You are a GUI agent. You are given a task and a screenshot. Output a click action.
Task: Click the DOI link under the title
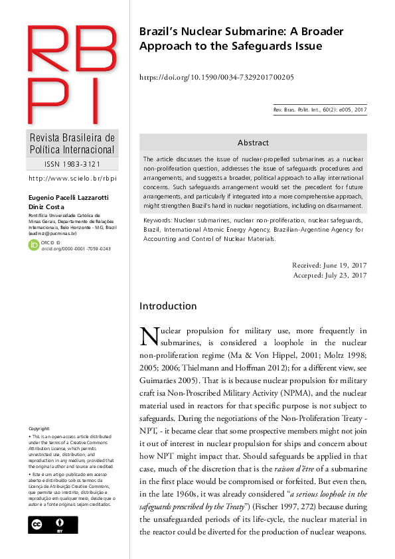pyautogui.click(x=216, y=78)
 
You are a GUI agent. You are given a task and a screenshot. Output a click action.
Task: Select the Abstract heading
pyautogui.click(x=253, y=143)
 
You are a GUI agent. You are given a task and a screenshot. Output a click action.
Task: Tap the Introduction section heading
pyautogui.click(x=168, y=306)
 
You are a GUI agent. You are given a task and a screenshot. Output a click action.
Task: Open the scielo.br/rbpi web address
pyautogui.click(x=72, y=179)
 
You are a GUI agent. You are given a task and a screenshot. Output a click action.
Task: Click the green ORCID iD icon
pyautogui.click(x=34, y=245)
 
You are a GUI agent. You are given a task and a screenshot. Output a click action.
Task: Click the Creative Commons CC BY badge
pyautogui.click(x=52, y=524)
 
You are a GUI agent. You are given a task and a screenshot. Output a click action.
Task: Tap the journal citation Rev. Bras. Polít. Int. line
pyautogui.click(x=320, y=110)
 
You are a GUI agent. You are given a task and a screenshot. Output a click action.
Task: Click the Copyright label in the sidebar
pyautogui.click(x=39, y=429)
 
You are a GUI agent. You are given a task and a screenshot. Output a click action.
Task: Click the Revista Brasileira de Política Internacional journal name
pyautogui.click(x=72, y=144)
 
